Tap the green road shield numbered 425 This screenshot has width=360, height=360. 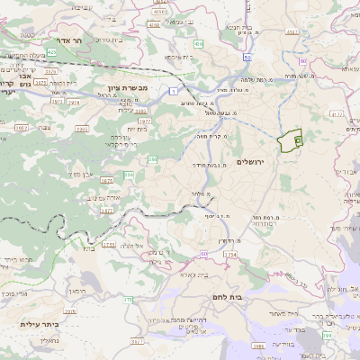coord(51,53)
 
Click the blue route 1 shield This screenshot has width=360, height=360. coord(172,91)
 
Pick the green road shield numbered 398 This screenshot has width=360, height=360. coord(327,334)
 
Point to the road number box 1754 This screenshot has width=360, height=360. coord(230,256)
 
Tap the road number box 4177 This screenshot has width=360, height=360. coord(337,114)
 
